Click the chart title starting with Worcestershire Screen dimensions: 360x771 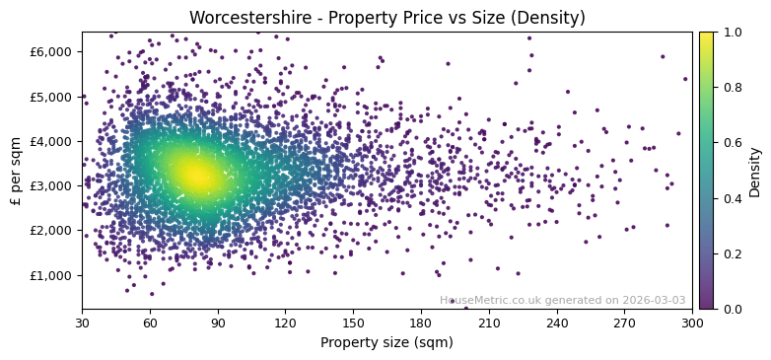(386, 18)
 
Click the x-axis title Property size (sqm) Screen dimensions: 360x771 (386, 343)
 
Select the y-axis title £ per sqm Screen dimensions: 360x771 (16, 171)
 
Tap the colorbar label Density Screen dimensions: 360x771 (755, 171)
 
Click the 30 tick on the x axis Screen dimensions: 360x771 (82, 323)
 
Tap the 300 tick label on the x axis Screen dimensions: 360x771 (692, 323)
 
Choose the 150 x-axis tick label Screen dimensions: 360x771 (353, 323)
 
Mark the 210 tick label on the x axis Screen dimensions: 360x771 (489, 323)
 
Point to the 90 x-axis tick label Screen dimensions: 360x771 (218, 323)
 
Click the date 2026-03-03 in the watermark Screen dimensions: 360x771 (654, 300)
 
